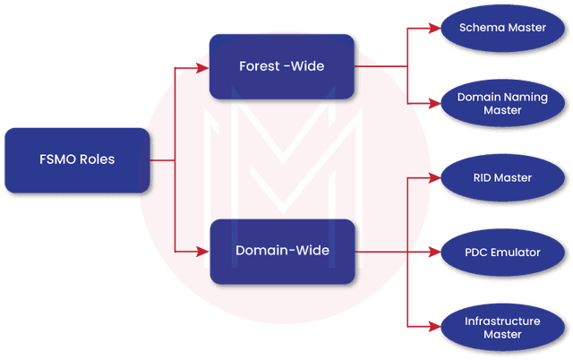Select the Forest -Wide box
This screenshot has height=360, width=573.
pos(282,66)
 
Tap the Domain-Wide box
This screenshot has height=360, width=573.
pos(282,251)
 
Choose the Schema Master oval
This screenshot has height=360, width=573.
pos(501,29)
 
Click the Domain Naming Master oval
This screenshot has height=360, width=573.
pos(501,103)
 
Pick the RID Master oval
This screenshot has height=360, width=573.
pos(501,178)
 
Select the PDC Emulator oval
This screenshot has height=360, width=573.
pos(501,253)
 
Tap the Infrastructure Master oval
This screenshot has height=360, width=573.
pos(501,327)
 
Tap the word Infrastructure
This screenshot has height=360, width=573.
pos(501,321)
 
